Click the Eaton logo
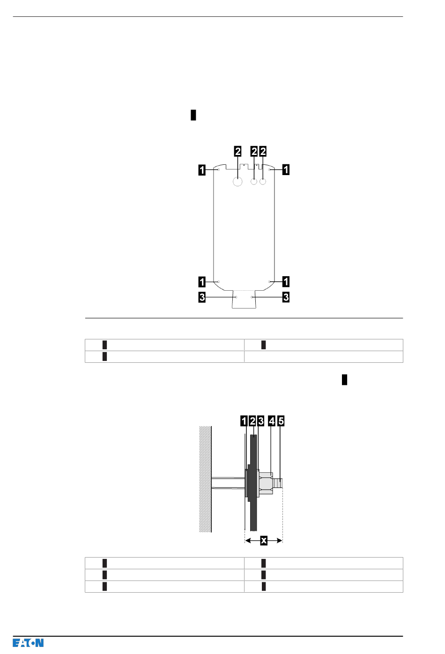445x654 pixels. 28,643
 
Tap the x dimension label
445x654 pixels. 264,540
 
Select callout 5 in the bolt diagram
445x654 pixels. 281,421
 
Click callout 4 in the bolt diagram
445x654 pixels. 272,421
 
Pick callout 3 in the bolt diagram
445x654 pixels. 261,421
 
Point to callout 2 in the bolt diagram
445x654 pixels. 252,421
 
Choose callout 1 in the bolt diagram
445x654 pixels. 244,421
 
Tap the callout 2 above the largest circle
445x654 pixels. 238,151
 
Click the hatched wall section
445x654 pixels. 205,479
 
